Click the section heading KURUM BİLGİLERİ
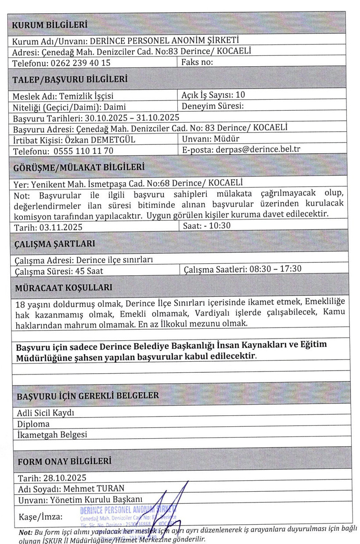pyautogui.click(x=49, y=25)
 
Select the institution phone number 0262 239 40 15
pyautogui.click(x=80, y=63)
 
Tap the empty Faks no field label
pyautogui.click(x=197, y=62)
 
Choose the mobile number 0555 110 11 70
pyautogui.click(x=83, y=151)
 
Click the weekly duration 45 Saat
pyautogui.click(x=89, y=271)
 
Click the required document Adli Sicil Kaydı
pyautogui.click(x=46, y=413)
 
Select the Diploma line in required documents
pyautogui.click(x=33, y=424)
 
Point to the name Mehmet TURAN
pyautogui.click(x=94, y=488)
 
